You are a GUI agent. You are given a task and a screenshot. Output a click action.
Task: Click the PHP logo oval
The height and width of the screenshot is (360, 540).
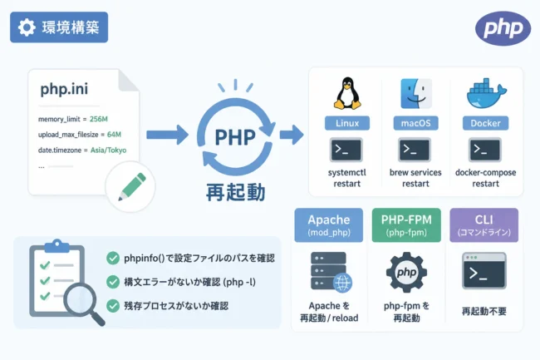point(503,28)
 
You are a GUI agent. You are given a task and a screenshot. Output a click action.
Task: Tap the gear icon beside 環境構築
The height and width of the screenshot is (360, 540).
point(27,27)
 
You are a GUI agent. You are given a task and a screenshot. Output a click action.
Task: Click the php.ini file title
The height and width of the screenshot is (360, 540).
point(64,89)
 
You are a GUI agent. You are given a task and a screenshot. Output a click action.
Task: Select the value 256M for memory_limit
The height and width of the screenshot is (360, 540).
point(99,119)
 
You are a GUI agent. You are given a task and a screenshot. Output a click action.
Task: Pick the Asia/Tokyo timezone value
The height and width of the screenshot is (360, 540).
point(108,150)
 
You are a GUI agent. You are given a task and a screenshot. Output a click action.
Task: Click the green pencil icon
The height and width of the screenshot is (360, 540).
point(132,186)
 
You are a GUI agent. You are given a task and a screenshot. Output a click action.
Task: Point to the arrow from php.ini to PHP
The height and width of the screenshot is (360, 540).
point(167,135)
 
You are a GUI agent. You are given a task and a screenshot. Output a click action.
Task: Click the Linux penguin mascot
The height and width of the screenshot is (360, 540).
point(347,93)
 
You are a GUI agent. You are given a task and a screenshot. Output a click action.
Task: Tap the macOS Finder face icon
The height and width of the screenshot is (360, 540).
point(416,94)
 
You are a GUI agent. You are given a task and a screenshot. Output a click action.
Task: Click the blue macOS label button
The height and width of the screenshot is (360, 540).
point(415,123)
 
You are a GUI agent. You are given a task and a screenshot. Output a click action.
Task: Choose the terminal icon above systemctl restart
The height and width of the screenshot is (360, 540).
point(346,150)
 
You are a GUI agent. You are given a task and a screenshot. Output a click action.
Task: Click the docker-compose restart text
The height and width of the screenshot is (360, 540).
point(486,178)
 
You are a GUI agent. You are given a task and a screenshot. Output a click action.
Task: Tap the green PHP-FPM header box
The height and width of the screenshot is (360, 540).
point(406,225)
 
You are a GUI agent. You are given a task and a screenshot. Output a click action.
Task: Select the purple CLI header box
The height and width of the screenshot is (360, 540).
point(484,225)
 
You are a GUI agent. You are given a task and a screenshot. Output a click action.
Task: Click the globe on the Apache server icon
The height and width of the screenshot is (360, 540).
point(342,284)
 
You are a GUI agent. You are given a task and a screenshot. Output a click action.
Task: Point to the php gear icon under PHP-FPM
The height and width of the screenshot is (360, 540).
point(406,273)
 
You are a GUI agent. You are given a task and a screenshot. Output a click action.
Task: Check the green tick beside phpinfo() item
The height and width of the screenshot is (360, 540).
point(113,258)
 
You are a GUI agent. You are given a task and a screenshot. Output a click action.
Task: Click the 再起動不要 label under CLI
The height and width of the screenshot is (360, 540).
point(484,312)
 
